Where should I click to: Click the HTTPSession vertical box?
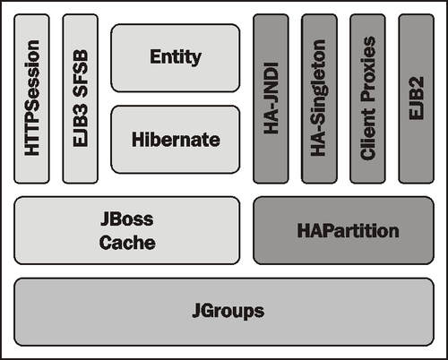point(32,99)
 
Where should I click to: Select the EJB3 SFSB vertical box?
point(81,99)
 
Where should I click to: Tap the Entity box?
point(176,58)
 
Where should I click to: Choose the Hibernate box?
point(176,140)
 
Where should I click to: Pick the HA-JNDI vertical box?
point(271,99)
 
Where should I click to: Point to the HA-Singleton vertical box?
point(319,99)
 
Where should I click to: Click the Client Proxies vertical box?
point(367,99)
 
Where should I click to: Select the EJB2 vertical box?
point(417,99)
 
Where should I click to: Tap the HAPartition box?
point(343,230)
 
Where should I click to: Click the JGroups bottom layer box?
point(224,312)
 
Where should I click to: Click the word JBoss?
point(127,219)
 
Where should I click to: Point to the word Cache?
point(127,243)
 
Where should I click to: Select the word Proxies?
point(368,70)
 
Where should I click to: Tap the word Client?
point(368,134)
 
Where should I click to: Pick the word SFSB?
point(81,73)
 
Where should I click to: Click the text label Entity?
point(176,57)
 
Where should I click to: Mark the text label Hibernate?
point(176,140)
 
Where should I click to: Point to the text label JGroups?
point(228,312)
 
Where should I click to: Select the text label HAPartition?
point(349,230)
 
